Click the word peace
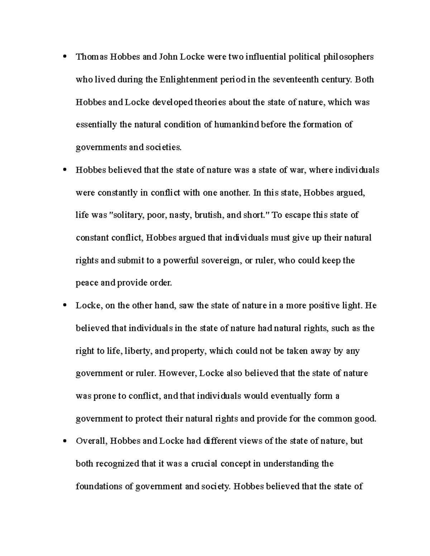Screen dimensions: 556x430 click(x=87, y=283)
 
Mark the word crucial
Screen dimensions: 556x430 click(x=204, y=464)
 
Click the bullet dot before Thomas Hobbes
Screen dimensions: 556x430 click(x=64, y=57)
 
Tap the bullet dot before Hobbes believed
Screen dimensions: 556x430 click(x=64, y=170)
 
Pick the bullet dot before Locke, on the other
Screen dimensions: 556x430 click(x=64, y=305)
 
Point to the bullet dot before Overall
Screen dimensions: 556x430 click(x=64, y=441)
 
